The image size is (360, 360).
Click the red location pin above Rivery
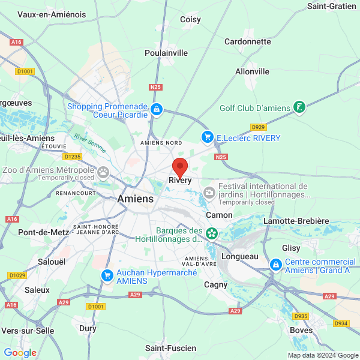(x=180, y=166)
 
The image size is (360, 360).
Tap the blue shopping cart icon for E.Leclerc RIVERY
(x=208, y=137)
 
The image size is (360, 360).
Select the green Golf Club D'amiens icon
(x=298, y=108)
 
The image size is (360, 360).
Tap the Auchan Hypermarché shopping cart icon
(x=107, y=275)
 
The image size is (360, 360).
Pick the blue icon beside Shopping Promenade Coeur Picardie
(x=156, y=109)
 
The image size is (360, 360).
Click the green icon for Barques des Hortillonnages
(x=211, y=233)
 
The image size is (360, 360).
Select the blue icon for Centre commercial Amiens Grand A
(x=275, y=264)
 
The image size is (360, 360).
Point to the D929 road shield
(x=258, y=127)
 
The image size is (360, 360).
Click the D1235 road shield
(x=72, y=157)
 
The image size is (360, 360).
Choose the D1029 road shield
(x=17, y=275)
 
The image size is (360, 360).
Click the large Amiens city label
(x=135, y=199)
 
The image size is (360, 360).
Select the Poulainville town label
(x=166, y=53)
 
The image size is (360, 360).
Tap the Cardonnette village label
(x=247, y=41)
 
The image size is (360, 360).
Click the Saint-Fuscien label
(x=170, y=348)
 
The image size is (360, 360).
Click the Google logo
(x=20, y=353)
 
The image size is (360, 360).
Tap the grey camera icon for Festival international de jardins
(x=209, y=193)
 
